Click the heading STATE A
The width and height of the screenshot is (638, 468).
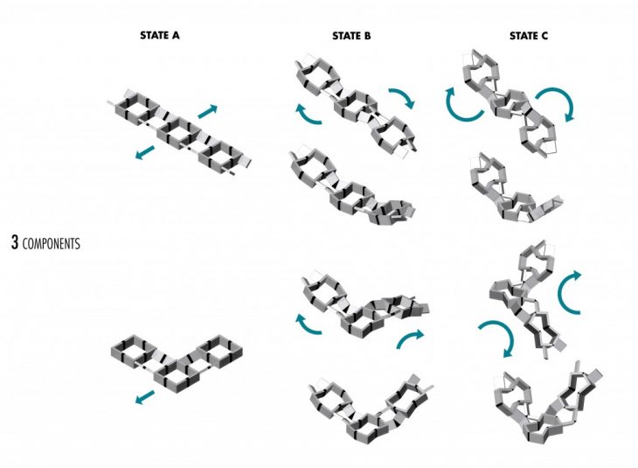pyautogui.click(x=159, y=36)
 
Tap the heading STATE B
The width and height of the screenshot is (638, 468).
pyautogui.click(x=351, y=36)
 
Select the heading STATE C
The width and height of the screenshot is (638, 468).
pyautogui.click(x=529, y=36)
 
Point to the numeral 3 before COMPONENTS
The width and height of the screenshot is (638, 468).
pyautogui.click(x=15, y=242)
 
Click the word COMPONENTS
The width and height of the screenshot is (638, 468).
pyautogui.click(x=52, y=243)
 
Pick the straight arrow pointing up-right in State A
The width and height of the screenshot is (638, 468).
pyautogui.click(x=207, y=111)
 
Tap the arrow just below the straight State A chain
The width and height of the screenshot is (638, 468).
pyautogui.click(x=145, y=152)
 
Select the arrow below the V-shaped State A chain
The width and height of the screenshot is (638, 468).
pyautogui.click(x=145, y=397)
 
